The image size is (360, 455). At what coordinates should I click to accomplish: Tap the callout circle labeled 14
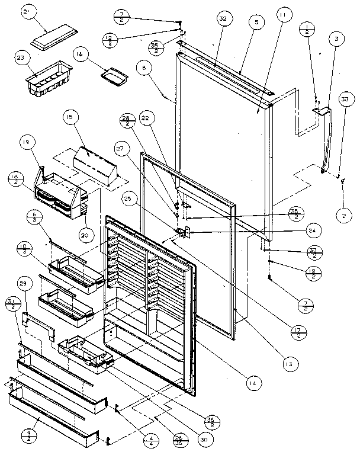(x=253, y=384)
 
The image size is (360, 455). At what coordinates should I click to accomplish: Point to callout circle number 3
(x=336, y=39)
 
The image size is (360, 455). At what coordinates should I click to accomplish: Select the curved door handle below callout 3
(x=326, y=142)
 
